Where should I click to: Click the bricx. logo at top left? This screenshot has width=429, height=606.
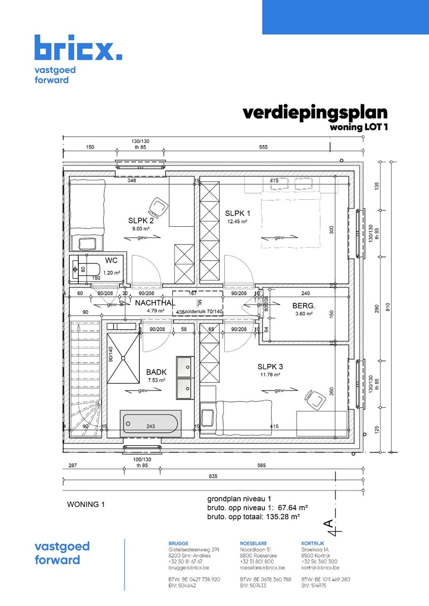click(78, 48)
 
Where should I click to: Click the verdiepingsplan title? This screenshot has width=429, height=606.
click(315, 112)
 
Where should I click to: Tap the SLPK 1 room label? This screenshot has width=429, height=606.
click(237, 213)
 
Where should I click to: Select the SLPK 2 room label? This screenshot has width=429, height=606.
click(141, 221)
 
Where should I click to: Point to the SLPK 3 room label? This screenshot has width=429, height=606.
click(270, 367)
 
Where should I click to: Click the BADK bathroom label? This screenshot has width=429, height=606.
click(156, 372)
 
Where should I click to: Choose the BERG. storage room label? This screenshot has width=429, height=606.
click(304, 306)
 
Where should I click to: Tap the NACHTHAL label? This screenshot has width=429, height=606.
click(155, 303)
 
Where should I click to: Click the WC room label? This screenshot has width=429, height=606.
click(111, 260)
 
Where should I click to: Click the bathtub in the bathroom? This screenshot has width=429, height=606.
click(150, 424)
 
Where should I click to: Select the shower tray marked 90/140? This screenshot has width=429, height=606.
click(123, 358)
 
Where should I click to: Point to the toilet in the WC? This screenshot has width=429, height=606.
click(87, 270)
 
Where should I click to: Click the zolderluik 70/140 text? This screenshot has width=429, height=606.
click(203, 312)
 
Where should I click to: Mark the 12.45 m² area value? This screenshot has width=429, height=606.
click(237, 222)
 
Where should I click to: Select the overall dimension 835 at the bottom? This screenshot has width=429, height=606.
click(213, 476)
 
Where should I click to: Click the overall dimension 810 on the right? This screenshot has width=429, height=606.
click(388, 306)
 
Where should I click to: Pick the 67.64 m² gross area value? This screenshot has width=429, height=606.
click(293, 508)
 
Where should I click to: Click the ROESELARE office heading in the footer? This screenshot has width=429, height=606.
click(253, 543)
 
